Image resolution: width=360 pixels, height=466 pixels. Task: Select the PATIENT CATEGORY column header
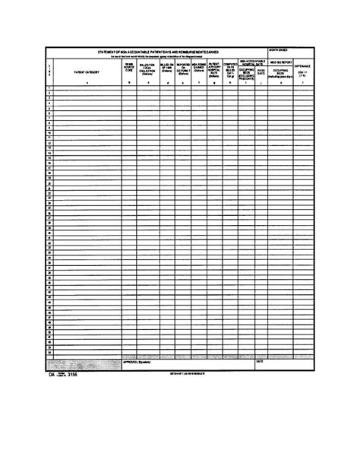(x=84, y=71)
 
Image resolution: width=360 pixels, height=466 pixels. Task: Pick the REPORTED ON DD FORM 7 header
(x=183, y=70)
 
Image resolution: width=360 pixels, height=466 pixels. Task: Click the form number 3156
(x=71, y=375)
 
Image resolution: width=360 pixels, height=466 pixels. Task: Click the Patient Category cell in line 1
(x=84, y=88)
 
